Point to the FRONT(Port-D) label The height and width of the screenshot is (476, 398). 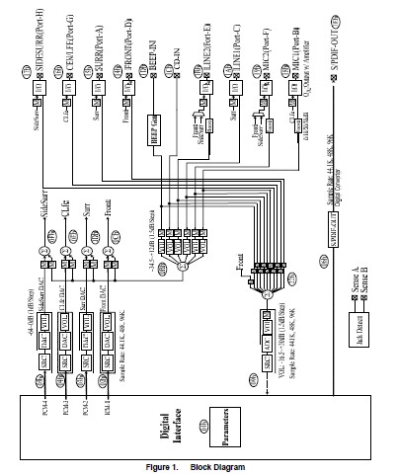[128, 40]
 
